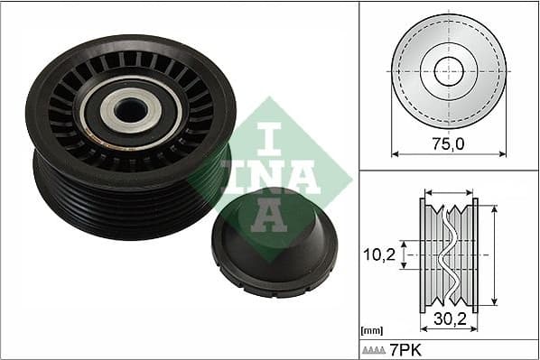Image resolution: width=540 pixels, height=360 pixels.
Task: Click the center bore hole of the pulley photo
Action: (132, 109)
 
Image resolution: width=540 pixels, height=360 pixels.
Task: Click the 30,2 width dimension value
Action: (449, 317)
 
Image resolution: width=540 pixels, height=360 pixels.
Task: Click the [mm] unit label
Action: (369, 331)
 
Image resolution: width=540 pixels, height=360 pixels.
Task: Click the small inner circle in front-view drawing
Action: (449, 71)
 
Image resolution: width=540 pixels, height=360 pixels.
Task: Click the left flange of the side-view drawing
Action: (424, 255)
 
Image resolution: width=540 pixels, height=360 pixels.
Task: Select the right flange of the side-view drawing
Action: (475, 255)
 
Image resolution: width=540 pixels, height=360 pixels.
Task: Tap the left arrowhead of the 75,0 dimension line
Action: (395, 152)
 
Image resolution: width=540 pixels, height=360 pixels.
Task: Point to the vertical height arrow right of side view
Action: (494, 255)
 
